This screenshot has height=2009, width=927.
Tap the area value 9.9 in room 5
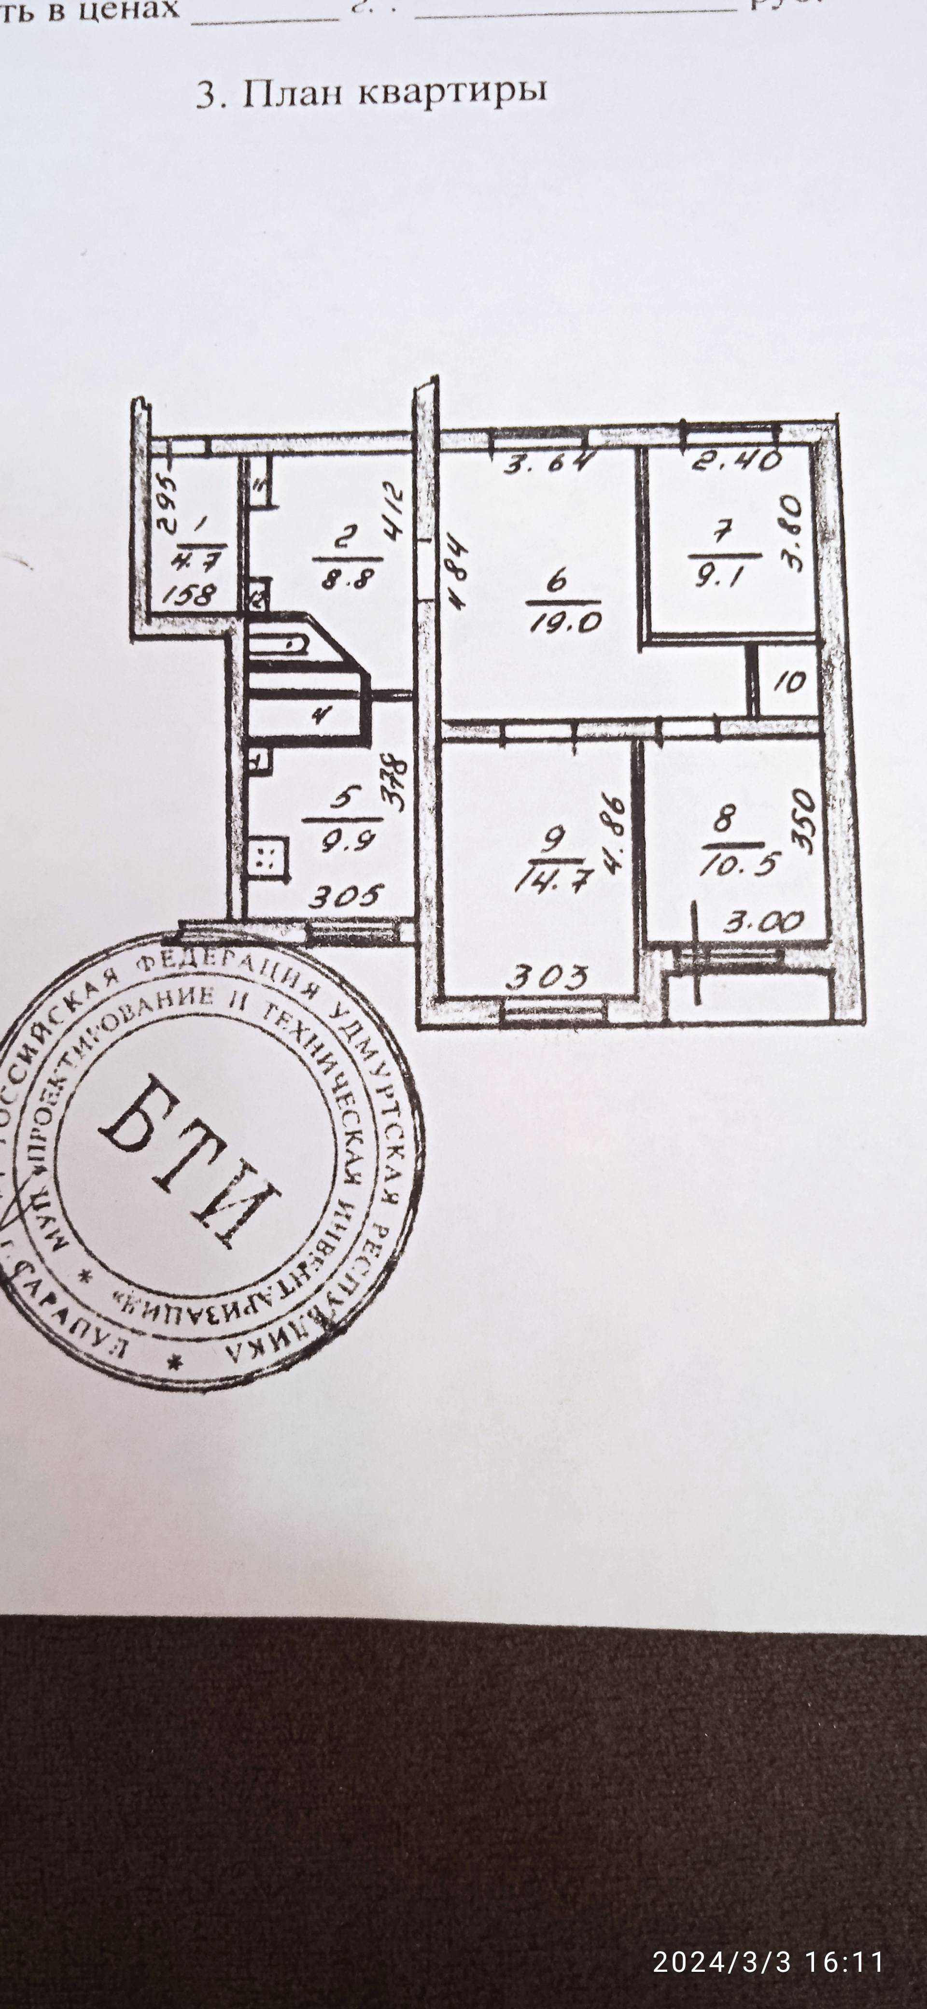341,838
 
